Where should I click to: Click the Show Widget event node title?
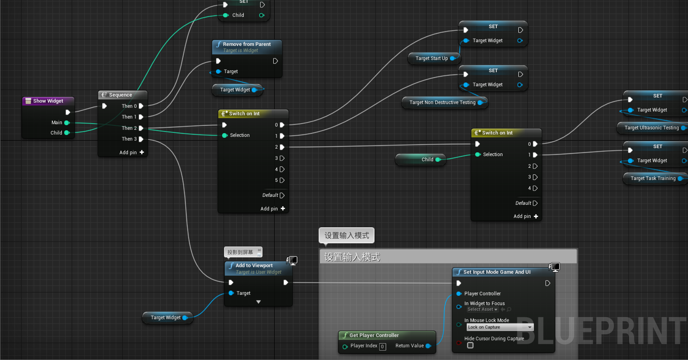48,101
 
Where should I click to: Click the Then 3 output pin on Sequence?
141,139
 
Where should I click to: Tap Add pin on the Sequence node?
132,152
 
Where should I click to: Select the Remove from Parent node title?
247,44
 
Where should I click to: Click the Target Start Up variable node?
432,59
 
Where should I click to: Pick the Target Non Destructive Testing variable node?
442,103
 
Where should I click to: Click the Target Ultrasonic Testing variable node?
651,128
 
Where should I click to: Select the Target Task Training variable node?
653,179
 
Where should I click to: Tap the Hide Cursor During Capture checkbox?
470,345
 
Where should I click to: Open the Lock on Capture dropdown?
500,327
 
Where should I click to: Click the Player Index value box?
382,346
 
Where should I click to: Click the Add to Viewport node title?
254,265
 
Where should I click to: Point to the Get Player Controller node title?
374,335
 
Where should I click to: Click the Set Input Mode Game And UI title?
497,272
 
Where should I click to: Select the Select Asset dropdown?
482,309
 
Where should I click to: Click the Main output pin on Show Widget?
67,123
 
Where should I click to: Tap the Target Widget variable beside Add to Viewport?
165,318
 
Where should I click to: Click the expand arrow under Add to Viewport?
258,302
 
